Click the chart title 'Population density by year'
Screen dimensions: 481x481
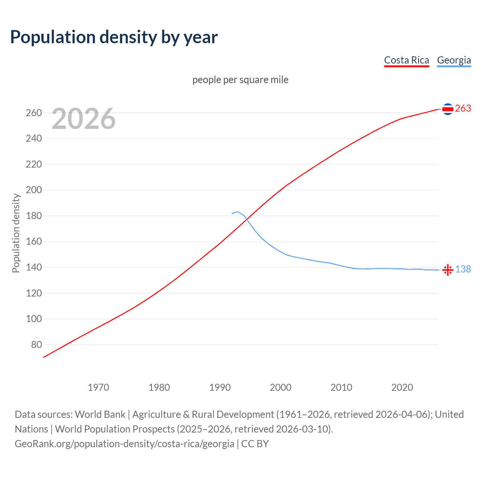click(114, 37)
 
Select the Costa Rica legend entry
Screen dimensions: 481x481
click(406, 61)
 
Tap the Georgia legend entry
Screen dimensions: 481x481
click(454, 61)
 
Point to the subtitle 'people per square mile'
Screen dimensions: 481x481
click(240, 80)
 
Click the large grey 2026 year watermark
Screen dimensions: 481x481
click(83, 119)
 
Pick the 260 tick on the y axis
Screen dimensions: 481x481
click(34, 113)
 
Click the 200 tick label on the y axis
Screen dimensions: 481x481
click(34, 190)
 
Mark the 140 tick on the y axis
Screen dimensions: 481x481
click(34, 268)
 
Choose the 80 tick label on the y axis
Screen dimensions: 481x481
click(36, 345)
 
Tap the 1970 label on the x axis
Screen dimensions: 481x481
click(98, 387)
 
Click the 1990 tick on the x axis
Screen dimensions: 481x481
click(220, 387)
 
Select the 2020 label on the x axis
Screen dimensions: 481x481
click(402, 387)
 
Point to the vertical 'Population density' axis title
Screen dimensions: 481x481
click(16, 233)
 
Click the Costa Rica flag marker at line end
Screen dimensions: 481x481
click(448, 109)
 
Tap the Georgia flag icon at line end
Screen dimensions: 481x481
click(448, 270)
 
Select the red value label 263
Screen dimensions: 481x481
click(463, 109)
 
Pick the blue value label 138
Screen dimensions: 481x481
click(463, 269)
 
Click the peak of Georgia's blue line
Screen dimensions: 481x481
click(237, 212)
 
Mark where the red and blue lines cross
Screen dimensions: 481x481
click(247, 220)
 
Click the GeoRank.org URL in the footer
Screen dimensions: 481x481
click(124, 444)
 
